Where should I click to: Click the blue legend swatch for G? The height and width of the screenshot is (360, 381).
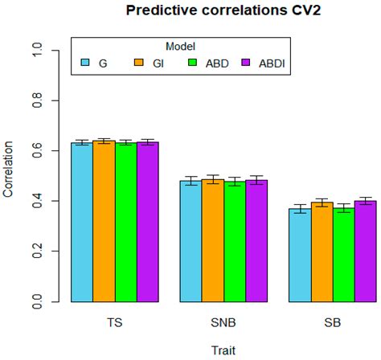click(x=85, y=62)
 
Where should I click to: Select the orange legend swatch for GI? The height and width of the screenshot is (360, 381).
click(x=138, y=62)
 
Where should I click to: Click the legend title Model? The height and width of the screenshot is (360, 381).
click(x=180, y=47)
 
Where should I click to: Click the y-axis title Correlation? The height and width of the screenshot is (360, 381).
click(x=9, y=170)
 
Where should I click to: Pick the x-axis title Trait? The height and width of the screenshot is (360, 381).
click(x=223, y=350)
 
